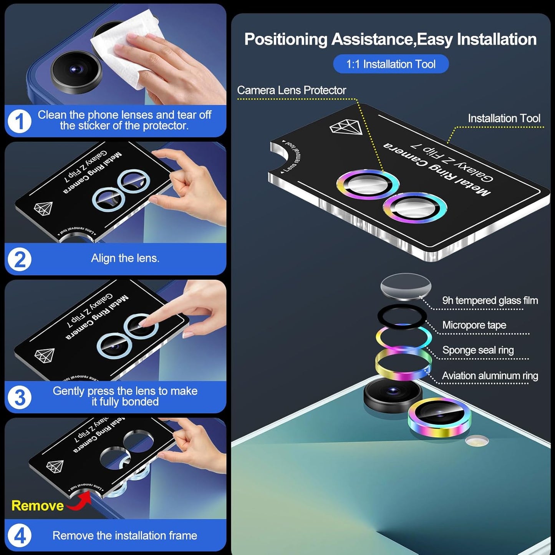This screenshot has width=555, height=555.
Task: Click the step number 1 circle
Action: point(20,121)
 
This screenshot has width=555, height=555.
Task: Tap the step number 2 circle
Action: point(20,259)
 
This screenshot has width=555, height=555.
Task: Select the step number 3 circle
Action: point(20,397)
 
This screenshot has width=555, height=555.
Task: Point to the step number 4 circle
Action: point(20,535)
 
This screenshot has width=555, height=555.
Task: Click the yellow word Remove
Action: point(37,506)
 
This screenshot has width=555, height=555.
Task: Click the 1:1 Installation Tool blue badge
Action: point(391,64)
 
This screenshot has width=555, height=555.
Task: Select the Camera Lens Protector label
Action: point(292,90)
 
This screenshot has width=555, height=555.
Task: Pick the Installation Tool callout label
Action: point(504,118)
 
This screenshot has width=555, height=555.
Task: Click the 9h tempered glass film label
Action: point(490,300)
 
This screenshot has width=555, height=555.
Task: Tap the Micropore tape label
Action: point(474,325)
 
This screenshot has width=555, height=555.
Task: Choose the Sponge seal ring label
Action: point(478,350)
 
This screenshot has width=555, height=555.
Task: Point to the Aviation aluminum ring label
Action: point(490,376)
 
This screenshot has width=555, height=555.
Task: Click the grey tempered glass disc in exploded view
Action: point(406,286)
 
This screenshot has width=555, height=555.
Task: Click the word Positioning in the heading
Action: point(286,40)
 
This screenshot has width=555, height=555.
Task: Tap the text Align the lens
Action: point(125,258)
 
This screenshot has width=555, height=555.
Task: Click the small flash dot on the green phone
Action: point(477,441)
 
